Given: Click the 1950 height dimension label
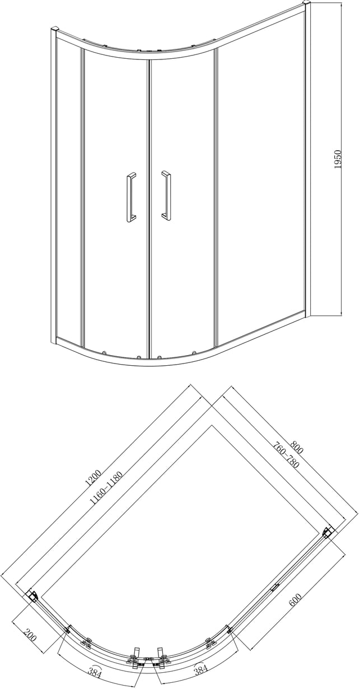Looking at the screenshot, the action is [x=338, y=159].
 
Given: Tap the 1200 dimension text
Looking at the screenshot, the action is [x=93, y=477].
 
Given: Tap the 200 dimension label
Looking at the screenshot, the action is [x=30, y=634].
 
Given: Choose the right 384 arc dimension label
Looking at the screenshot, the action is [x=202, y=669].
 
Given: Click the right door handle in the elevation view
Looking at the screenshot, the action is [x=166, y=195].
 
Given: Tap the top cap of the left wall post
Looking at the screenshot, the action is [x=54, y=29].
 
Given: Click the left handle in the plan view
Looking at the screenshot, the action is [x=135, y=651].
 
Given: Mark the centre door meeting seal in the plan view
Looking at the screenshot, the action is [x=148, y=655].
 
